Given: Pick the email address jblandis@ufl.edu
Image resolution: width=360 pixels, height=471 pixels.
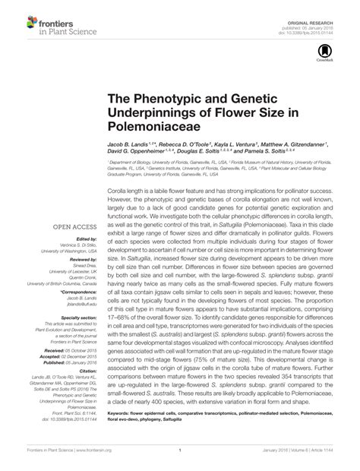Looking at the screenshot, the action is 75,303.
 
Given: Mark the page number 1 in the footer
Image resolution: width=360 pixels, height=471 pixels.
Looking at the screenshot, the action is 179,460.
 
